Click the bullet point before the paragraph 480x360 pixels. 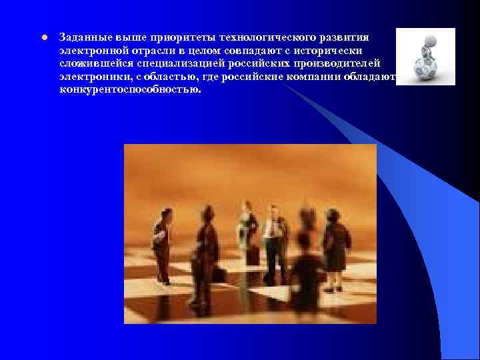(x=43, y=37)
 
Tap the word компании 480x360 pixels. (x=299, y=77)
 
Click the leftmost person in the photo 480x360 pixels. (x=162, y=243)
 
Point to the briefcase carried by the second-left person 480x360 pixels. (x=219, y=274)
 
